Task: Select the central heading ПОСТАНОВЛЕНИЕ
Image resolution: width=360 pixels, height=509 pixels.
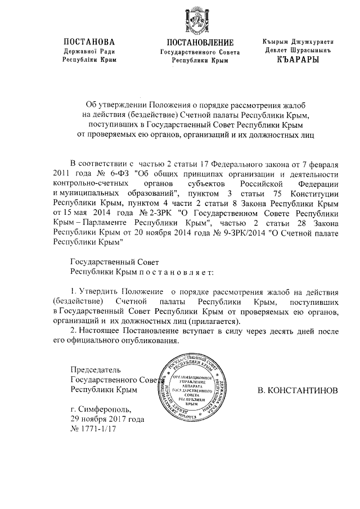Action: point(200,43)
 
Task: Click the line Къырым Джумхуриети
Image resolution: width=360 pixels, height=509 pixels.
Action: point(298,42)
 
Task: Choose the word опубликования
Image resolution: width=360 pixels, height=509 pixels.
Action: point(152,341)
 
